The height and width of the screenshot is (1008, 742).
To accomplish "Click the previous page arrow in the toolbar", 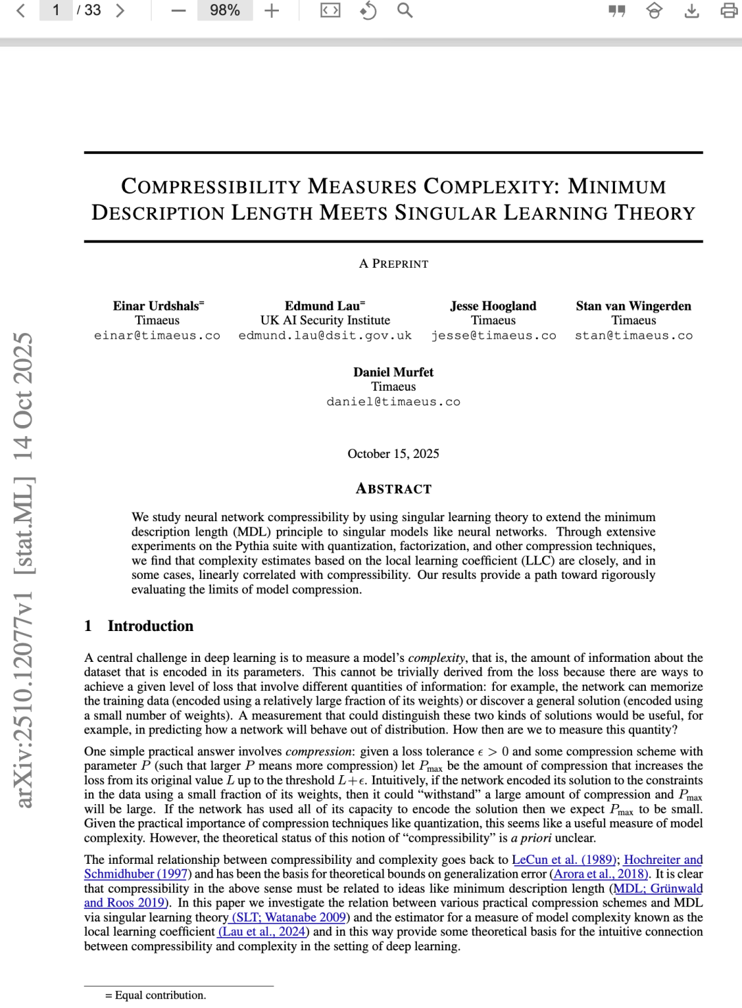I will [x=21, y=10].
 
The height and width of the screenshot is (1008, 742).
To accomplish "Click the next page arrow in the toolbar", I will [x=120, y=10].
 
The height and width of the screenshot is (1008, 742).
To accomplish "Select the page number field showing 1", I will [x=56, y=10].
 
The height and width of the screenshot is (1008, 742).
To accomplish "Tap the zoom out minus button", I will [x=179, y=10].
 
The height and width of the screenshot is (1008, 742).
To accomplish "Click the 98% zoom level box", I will [x=225, y=10].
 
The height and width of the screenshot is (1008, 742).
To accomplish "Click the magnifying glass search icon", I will [x=405, y=10].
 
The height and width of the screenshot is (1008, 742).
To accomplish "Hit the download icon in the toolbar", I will [x=692, y=10].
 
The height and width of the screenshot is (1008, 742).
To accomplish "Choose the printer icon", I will [x=729, y=10].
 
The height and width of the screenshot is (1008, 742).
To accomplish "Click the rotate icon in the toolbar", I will [x=368, y=10].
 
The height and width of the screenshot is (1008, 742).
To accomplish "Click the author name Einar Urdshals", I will [x=157, y=306].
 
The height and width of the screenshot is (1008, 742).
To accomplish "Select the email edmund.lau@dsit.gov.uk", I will [x=325, y=336].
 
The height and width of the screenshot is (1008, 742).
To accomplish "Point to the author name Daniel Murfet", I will [x=393, y=372].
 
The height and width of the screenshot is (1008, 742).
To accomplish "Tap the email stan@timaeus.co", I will [x=633, y=336].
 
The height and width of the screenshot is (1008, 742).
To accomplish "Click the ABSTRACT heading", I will [x=394, y=489].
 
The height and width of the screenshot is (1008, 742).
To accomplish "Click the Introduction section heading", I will [x=150, y=626].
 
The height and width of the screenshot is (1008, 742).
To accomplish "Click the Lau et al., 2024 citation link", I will [x=264, y=932].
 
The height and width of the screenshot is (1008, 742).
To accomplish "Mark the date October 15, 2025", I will [x=393, y=454].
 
